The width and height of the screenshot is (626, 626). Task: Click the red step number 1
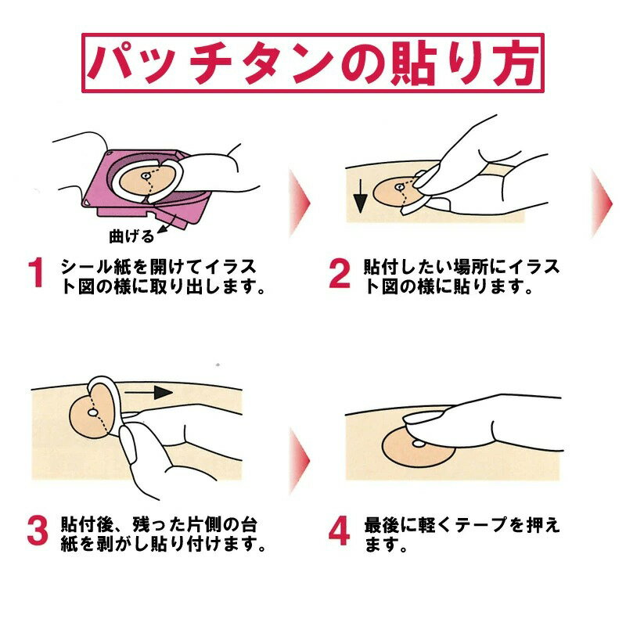(37, 272)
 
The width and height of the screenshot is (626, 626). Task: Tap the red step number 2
(340, 273)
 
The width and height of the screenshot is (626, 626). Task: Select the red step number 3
(38, 531)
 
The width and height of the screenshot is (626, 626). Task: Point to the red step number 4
(339, 531)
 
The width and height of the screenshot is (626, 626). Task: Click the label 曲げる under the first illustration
(131, 236)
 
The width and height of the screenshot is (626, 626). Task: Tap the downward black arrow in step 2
(360, 196)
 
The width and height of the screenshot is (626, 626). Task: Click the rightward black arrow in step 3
(149, 393)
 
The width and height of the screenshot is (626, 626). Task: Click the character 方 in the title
(513, 64)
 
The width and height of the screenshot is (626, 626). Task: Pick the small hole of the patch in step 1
(146, 175)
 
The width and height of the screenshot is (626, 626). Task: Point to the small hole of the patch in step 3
(92, 412)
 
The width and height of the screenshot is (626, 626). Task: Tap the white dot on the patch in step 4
(419, 443)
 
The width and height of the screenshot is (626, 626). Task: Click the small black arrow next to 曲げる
(167, 225)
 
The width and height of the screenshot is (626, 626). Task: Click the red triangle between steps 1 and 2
(300, 203)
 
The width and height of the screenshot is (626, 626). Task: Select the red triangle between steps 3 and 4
(300, 461)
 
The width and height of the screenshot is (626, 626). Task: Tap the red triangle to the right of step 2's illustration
(602, 203)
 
